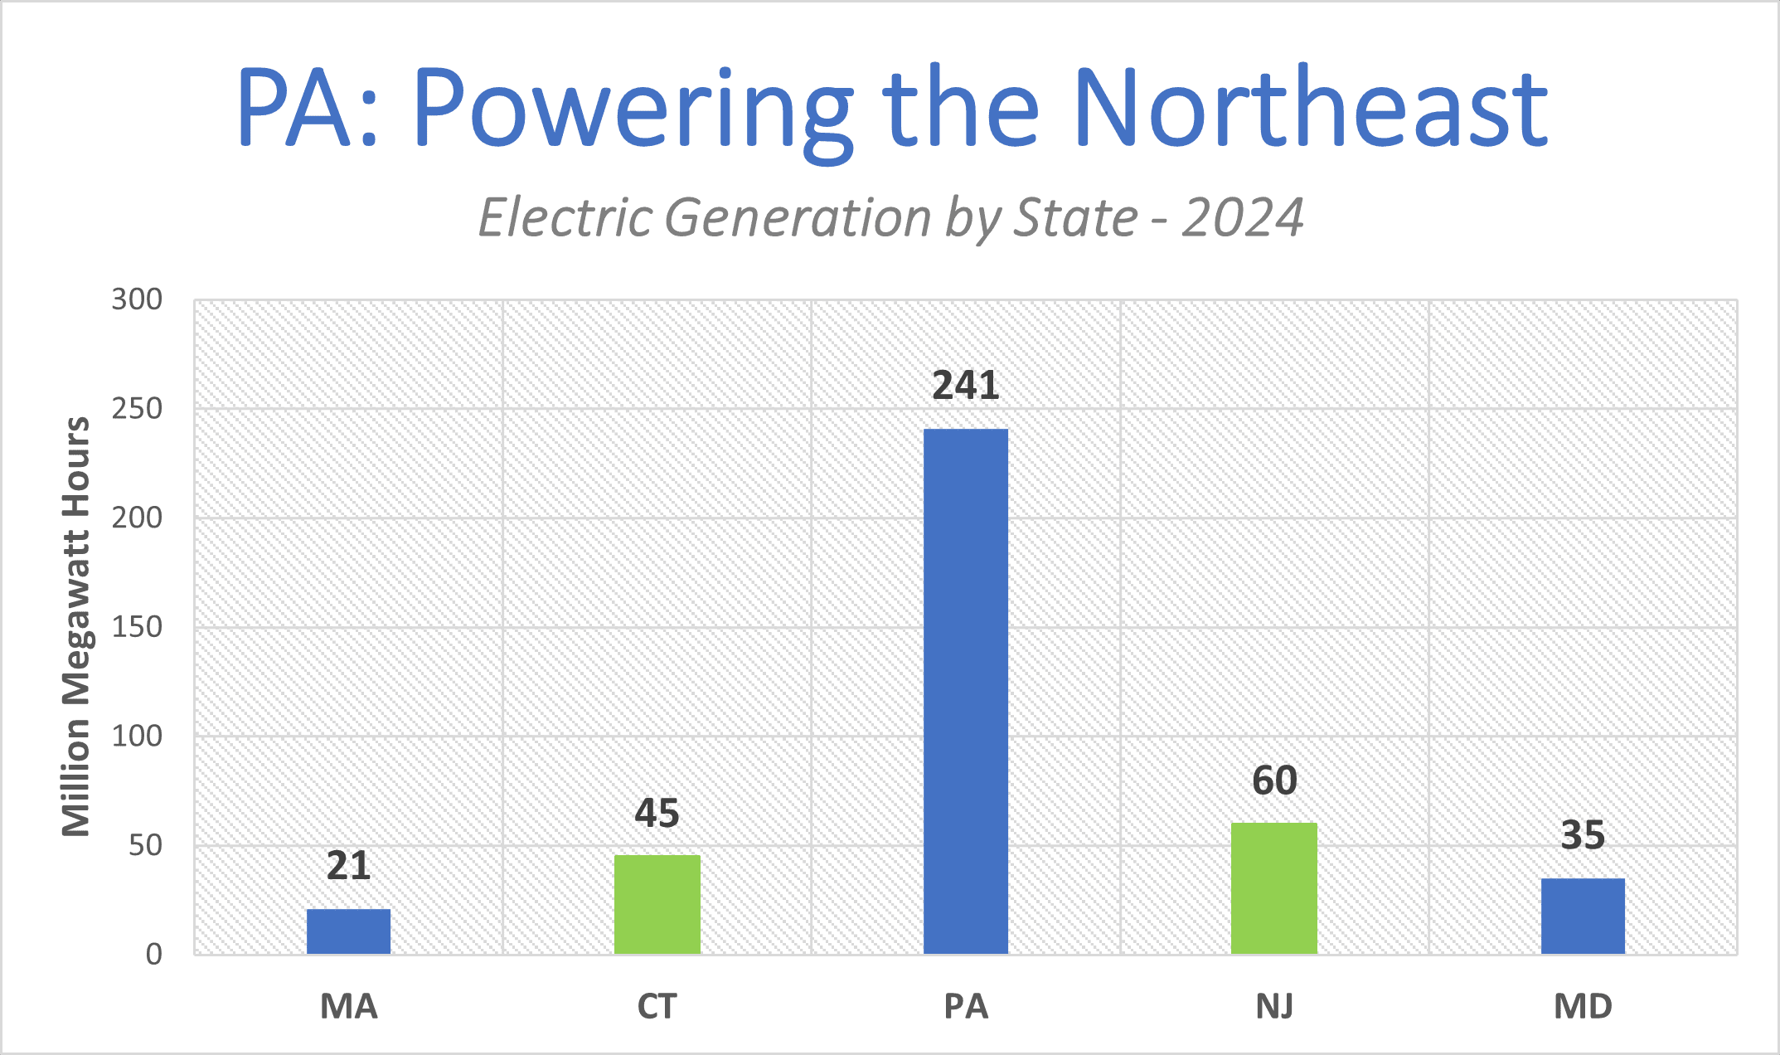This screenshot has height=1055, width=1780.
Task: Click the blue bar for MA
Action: tap(348, 931)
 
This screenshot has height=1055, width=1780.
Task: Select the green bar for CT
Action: tap(657, 904)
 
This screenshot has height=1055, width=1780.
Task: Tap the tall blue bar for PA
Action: tap(966, 690)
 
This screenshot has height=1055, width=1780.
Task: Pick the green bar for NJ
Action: tap(1274, 887)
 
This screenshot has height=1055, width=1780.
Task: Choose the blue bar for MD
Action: tap(1583, 915)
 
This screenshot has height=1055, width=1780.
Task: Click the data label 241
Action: tap(966, 386)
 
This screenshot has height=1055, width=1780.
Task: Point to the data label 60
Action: tap(1274, 780)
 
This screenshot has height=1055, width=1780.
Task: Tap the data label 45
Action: tap(657, 813)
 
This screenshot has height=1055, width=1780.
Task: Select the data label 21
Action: tap(348, 866)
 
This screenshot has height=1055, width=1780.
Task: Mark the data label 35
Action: tap(1583, 834)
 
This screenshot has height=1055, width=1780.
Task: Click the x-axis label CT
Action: tap(657, 1006)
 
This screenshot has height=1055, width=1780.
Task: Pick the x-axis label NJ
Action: tap(1274, 1006)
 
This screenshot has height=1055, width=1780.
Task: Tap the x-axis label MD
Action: tap(1583, 1006)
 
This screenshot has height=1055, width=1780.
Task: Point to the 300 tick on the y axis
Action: tap(137, 299)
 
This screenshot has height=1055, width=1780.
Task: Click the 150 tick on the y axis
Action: tap(137, 627)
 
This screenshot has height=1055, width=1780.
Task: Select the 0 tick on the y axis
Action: tap(153, 955)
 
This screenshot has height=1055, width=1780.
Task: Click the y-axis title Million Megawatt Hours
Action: tap(76, 626)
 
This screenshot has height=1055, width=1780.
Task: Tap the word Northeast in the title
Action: tap(1310, 108)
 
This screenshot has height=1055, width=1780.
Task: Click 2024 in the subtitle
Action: tap(1242, 217)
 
